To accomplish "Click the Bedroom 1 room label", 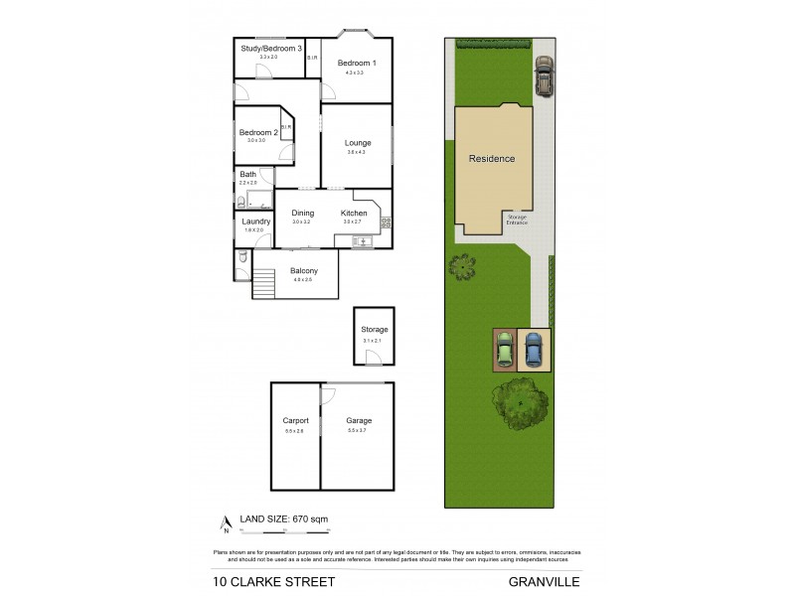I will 356,63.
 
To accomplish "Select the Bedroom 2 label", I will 258,132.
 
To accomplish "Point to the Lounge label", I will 358,143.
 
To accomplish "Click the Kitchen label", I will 354,213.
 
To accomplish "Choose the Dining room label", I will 302,213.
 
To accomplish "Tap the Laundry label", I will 256,221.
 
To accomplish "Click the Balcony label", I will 303,271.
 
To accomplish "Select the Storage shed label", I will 374,330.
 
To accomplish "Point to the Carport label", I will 296,421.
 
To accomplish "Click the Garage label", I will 358,421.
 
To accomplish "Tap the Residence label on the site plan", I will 492,158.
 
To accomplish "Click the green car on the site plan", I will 505,349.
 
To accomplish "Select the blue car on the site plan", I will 534,349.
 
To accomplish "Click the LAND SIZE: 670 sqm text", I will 282,519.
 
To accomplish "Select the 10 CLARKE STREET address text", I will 273,581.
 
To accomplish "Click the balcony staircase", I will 263,283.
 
